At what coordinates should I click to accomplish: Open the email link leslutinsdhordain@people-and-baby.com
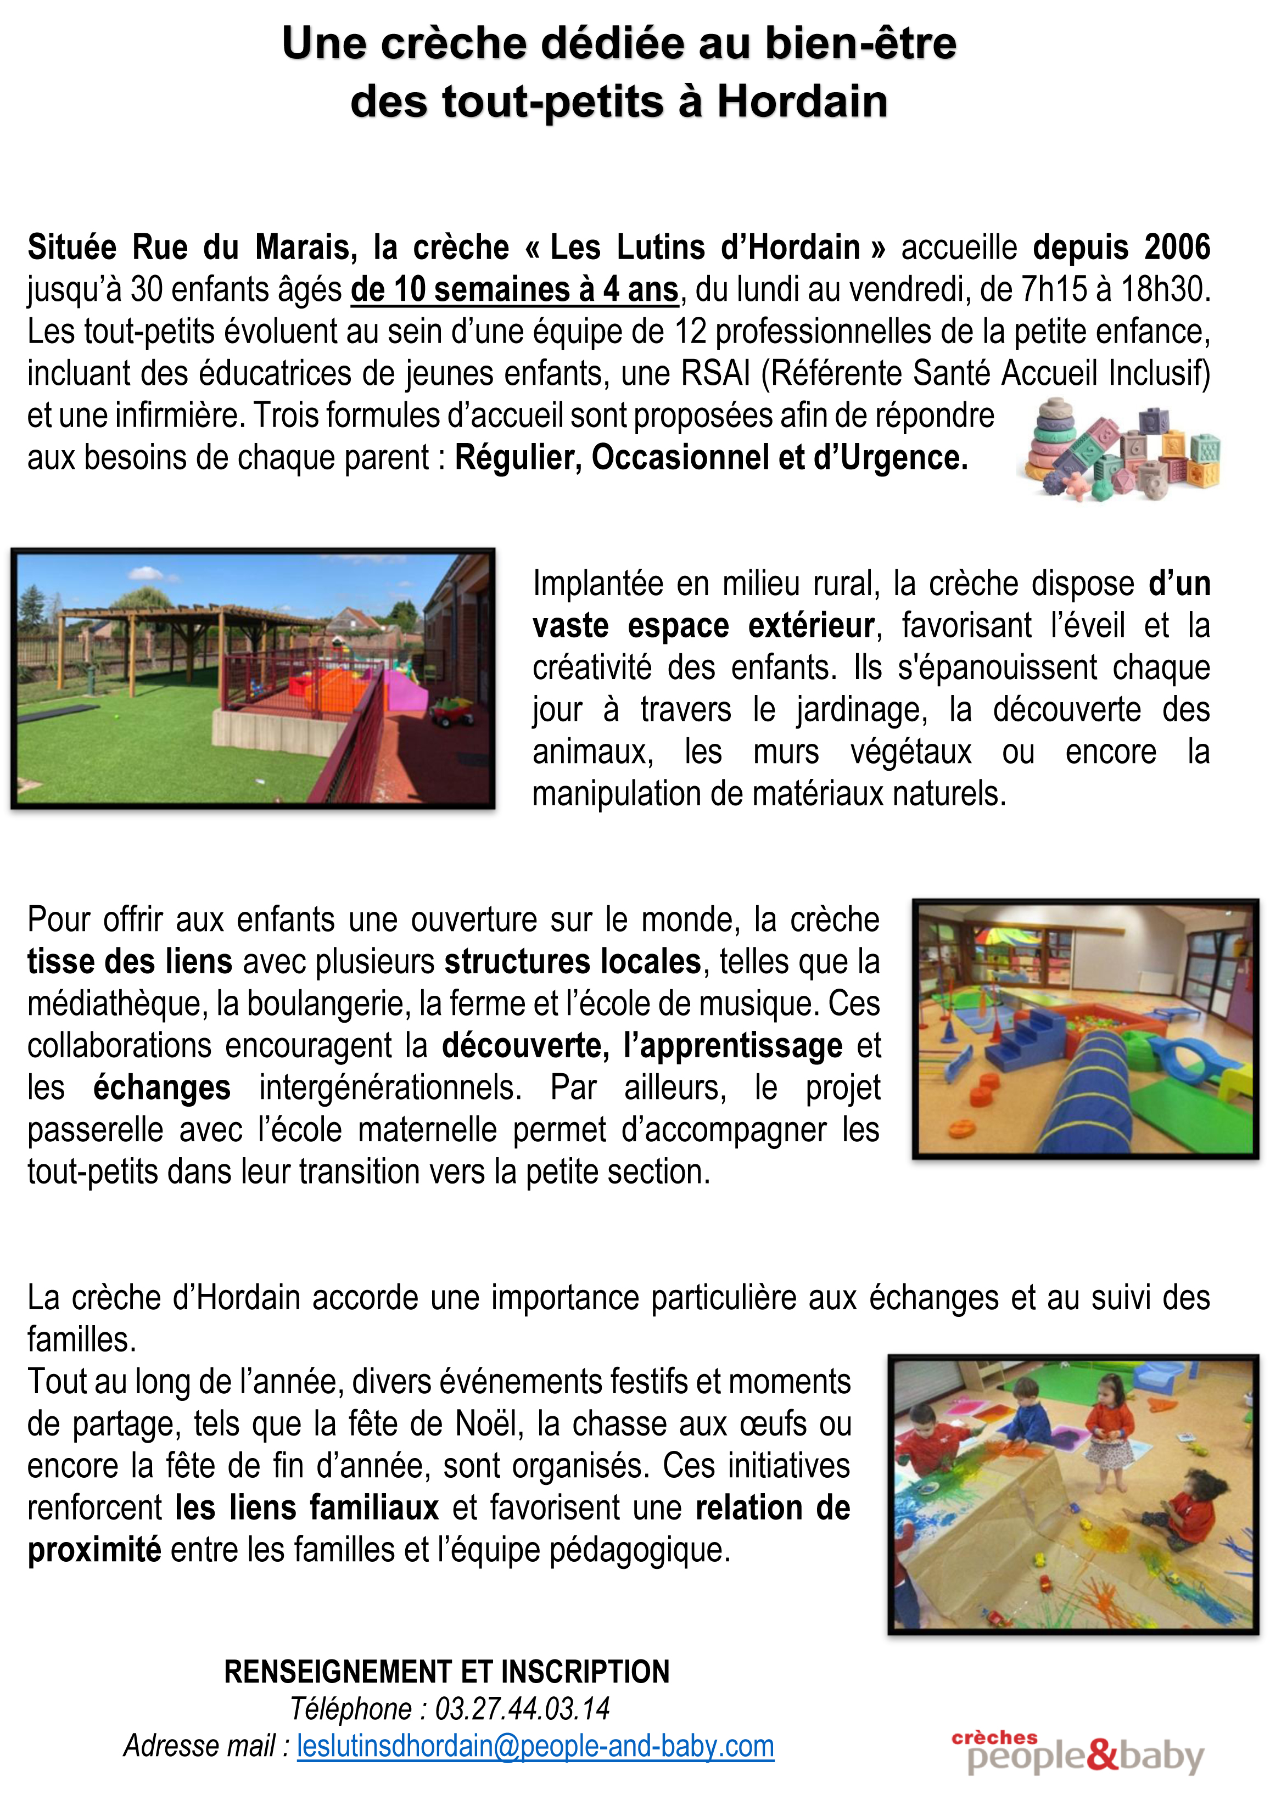[x=535, y=1746]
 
